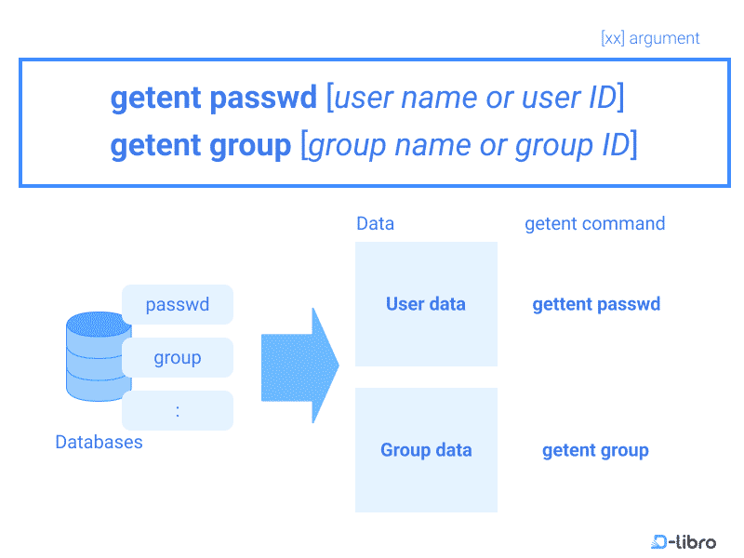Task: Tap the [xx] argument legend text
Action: [650, 38]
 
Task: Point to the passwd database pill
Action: [177, 304]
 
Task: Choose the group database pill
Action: [177, 358]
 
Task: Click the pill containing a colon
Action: [177, 410]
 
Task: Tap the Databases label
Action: [99, 443]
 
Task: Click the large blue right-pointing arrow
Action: [299, 365]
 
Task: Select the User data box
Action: [426, 304]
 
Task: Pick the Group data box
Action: [426, 450]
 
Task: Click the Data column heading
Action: [375, 224]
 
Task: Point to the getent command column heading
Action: [594, 224]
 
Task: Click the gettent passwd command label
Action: [596, 304]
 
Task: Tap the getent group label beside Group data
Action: [595, 451]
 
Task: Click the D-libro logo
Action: [684, 540]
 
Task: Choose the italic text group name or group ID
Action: [469, 145]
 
